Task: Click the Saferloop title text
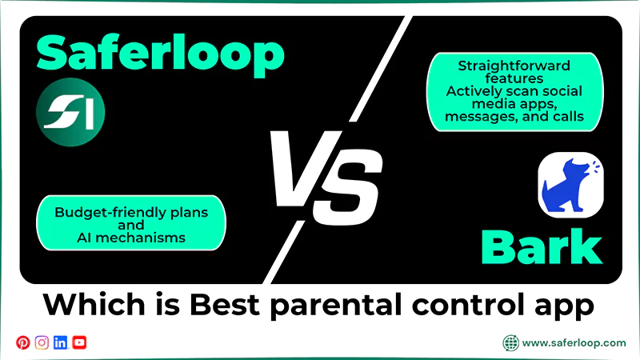[x=160, y=53]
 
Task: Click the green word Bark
[x=542, y=249]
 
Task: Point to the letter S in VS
[x=353, y=180]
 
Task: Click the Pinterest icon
[x=22, y=342]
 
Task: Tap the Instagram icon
[x=42, y=342]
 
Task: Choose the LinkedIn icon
[x=60, y=342]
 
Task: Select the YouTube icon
[x=79, y=342]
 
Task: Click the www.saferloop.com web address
[x=574, y=342]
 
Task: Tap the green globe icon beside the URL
[x=510, y=342]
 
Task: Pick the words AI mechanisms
[x=130, y=238]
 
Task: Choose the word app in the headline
[x=568, y=305]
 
